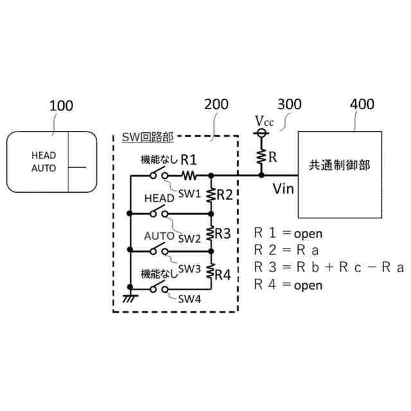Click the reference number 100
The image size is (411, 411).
[61, 106]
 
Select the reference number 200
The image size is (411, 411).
[216, 104]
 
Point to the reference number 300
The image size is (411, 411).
[290, 104]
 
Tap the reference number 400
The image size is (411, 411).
[362, 104]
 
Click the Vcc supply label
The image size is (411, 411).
[264, 121]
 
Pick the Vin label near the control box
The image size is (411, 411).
[283, 189]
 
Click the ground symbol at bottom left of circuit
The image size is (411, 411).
[130, 298]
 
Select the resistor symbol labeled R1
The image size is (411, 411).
[189, 175]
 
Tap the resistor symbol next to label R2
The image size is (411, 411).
[211, 195]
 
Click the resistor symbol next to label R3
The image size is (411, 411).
[211, 233]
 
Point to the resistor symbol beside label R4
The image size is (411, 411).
[211, 271]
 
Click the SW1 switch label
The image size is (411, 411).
[189, 194]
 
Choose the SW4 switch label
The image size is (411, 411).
[189, 299]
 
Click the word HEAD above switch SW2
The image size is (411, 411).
[159, 198]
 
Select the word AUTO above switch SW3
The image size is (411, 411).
[159, 236]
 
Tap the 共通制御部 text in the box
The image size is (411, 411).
[339, 166]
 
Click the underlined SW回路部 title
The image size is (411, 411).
[148, 137]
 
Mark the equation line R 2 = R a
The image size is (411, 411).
[286, 250]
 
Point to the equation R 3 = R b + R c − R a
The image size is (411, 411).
[329, 267]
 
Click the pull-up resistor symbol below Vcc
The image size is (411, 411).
[261, 157]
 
